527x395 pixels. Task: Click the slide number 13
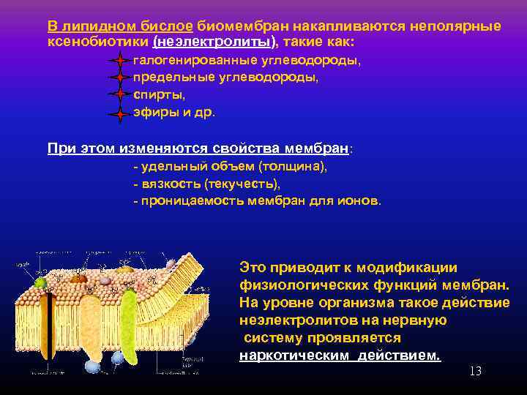(475, 372)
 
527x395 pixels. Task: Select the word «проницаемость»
(187, 200)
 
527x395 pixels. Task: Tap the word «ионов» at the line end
(365, 200)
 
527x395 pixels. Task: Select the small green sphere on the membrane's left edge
(40, 282)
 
